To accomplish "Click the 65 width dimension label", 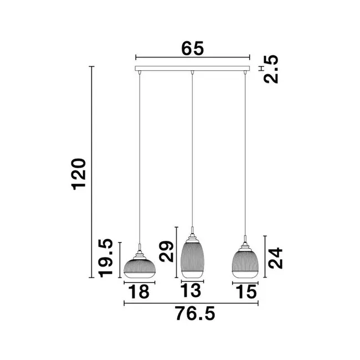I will (192, 48).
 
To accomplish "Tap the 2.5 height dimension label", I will (271, 69).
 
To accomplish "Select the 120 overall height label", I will (79, 173).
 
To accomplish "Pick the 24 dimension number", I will (275, 258).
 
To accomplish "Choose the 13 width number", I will (192, 292).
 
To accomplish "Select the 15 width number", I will (245, 292).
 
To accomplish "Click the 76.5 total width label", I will (192, 314).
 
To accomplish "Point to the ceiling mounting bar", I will (192, 69).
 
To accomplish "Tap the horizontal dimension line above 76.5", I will (192, 304).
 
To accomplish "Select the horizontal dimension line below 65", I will (192, 57).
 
